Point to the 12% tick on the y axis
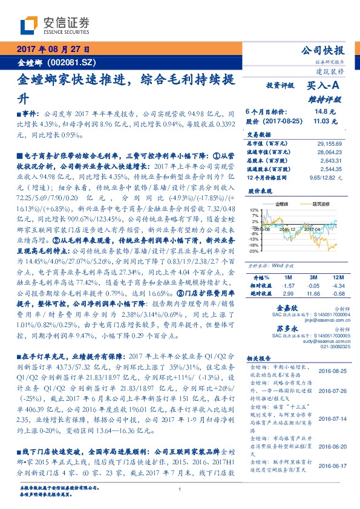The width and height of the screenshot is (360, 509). [254, 210]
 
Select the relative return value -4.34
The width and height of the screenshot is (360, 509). [338, 284]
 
